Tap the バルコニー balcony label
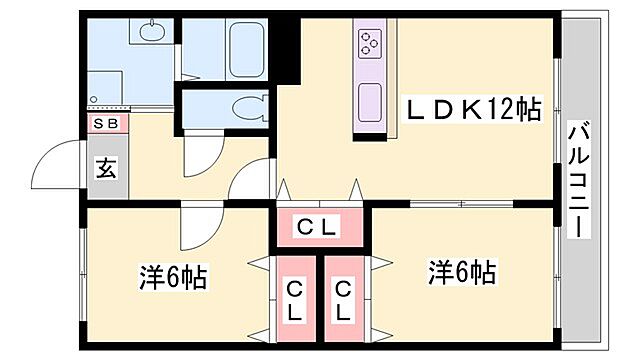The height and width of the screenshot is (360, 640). coord(578,178)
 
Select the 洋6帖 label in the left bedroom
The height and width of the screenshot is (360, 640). coord(172,277)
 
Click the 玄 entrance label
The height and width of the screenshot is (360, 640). coord(106,168)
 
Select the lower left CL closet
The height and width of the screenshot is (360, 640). coord(296,300)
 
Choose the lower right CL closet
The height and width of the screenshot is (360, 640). coord(343,300)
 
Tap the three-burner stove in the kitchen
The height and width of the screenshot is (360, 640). coord(369,43)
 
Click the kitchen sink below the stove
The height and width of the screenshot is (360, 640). coord(369,100)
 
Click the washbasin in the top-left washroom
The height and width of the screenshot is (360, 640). coord(151,33)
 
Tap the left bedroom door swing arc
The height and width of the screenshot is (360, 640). coord(196,229)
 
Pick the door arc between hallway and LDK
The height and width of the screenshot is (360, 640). coord(250,180)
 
